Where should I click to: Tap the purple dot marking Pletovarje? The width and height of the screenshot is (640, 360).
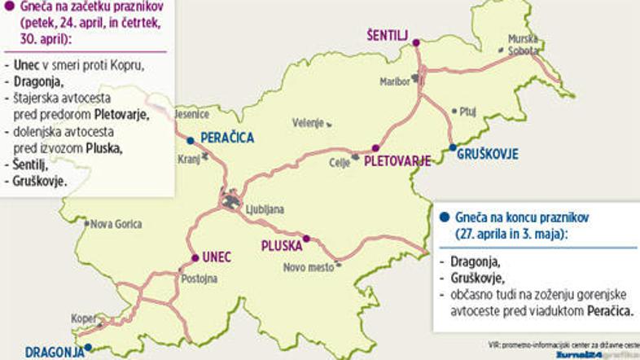point(375,148)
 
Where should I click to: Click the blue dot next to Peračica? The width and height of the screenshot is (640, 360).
point(191,139)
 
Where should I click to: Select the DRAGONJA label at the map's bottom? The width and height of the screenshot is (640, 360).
point(55,352)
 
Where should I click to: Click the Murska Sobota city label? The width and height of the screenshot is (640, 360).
point(523,44)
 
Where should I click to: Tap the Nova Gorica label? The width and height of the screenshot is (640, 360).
point(116,224)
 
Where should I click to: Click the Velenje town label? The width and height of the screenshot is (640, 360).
point(309,124)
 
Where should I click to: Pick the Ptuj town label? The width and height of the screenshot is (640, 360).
point(467,109)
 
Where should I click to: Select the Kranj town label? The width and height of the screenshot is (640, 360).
point(188,160)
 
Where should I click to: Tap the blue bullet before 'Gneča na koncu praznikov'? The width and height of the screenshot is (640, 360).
point(444,217)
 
